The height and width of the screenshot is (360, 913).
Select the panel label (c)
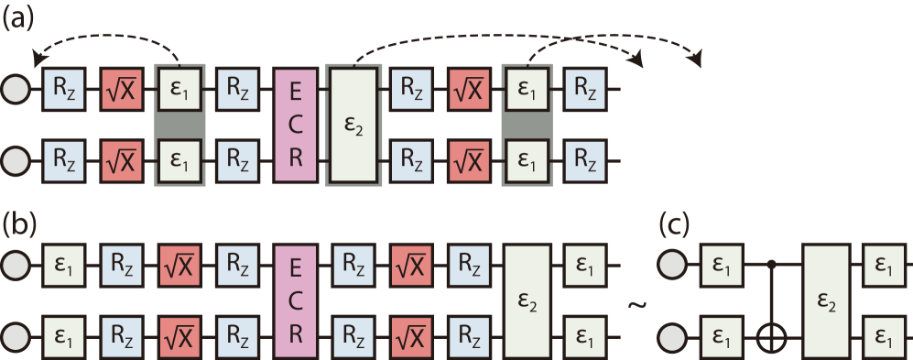[x=676, y=224]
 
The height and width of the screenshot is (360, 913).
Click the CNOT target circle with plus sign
[x=774, y=341]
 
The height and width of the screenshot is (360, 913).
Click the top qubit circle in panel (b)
[x=16, y=267]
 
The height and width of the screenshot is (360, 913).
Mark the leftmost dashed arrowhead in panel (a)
[x=37, y=59]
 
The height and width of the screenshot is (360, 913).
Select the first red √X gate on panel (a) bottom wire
[x=121, y=161]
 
